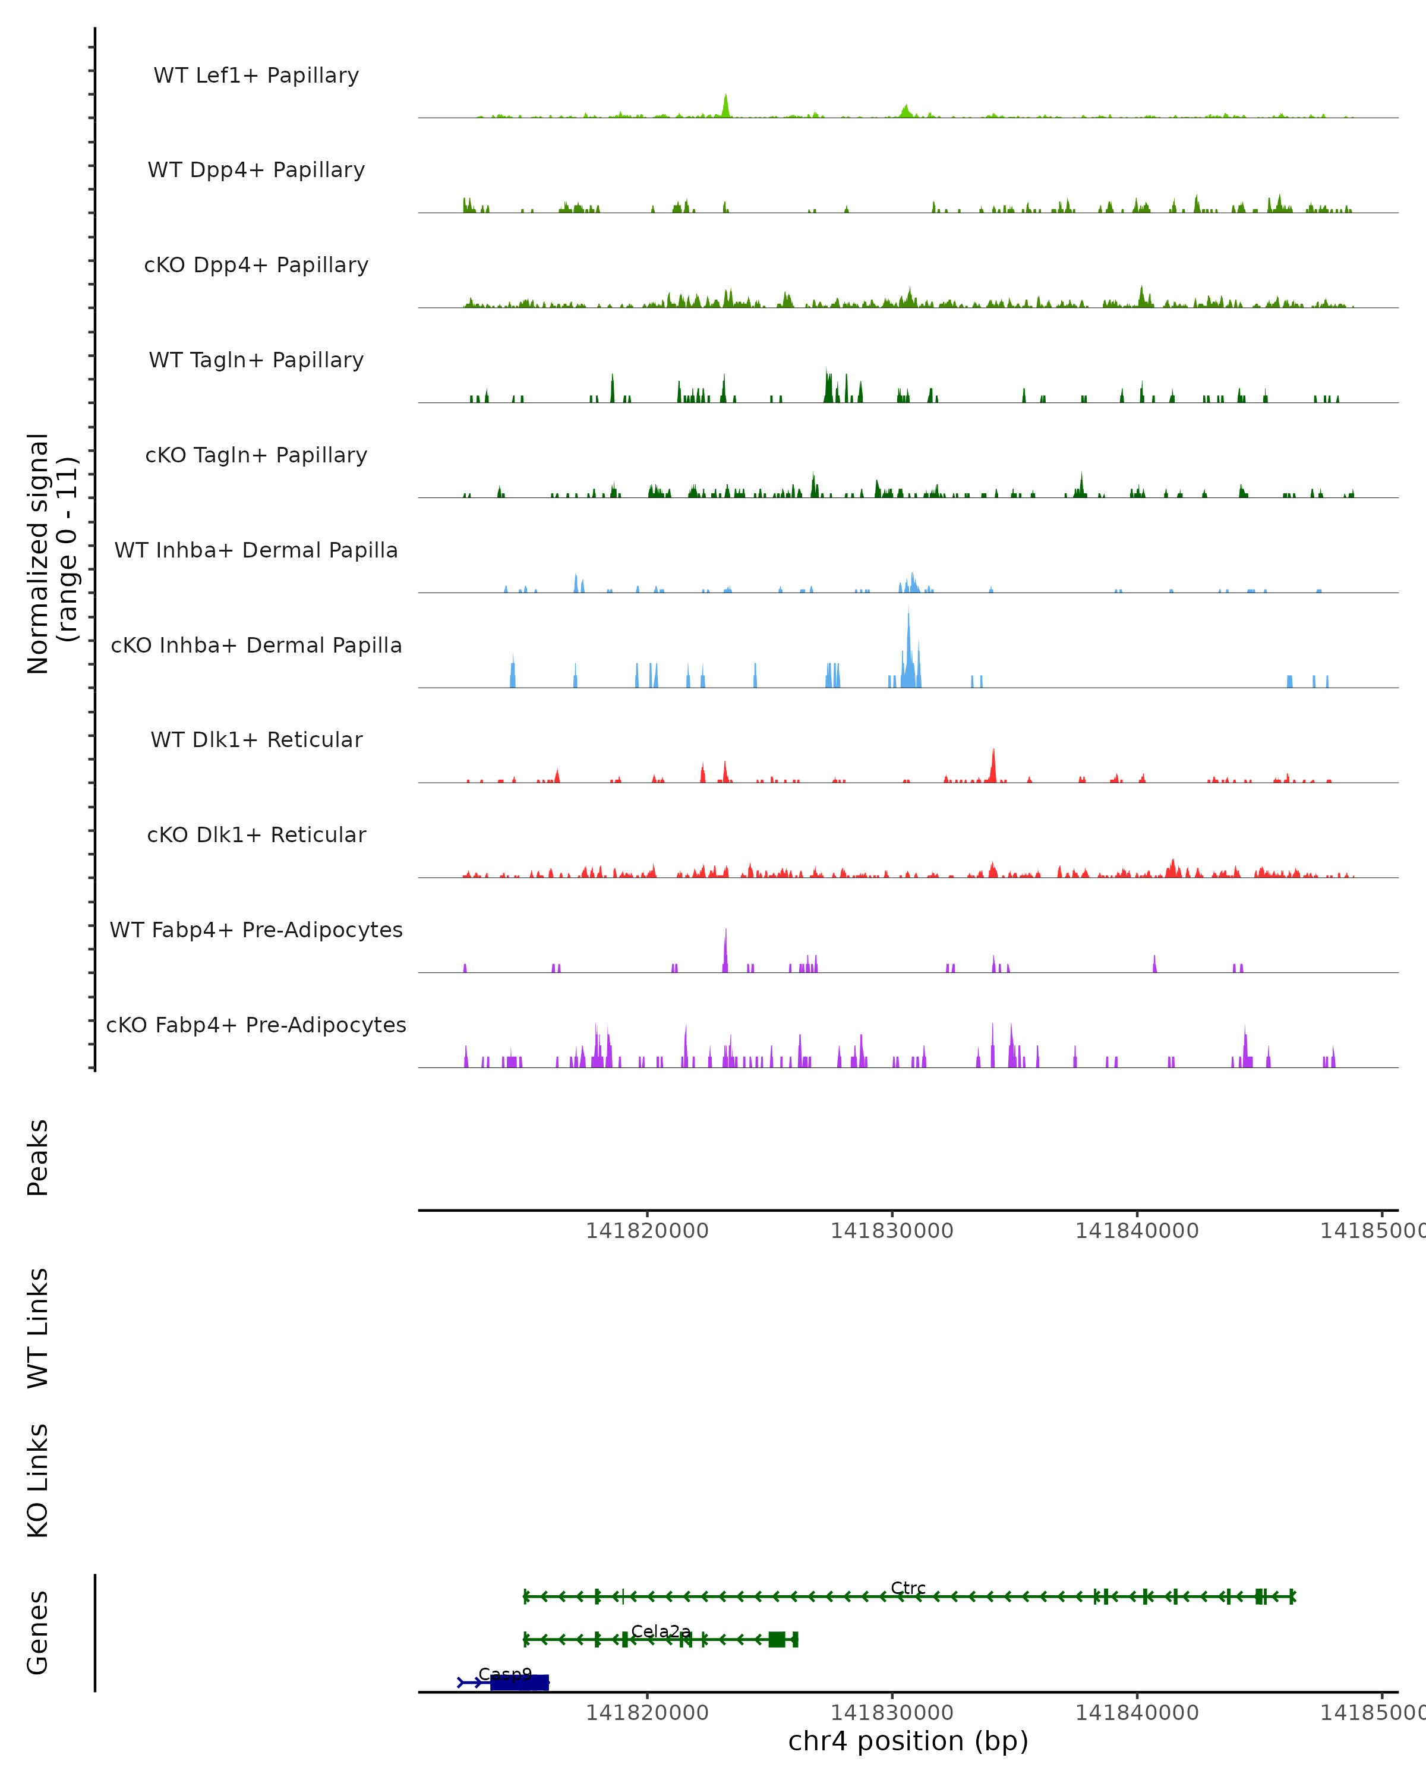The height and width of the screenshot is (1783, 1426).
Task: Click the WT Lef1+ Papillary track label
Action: [256, 75]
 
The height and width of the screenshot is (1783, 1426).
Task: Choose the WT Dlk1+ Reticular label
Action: [256, 739]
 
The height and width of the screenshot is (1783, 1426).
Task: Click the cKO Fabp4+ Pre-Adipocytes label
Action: [256, 1025]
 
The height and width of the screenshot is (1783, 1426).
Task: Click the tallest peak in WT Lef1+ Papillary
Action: [726, 105]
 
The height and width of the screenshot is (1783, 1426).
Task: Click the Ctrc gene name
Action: [908, 1588]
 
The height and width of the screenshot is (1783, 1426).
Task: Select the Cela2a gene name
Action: [661, 1631]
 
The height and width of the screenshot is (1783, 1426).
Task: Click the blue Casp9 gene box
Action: [519, 1682]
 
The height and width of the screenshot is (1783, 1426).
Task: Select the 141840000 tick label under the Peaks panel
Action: [1137, 1231]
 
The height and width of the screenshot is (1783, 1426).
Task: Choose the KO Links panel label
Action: [38, 1480]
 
